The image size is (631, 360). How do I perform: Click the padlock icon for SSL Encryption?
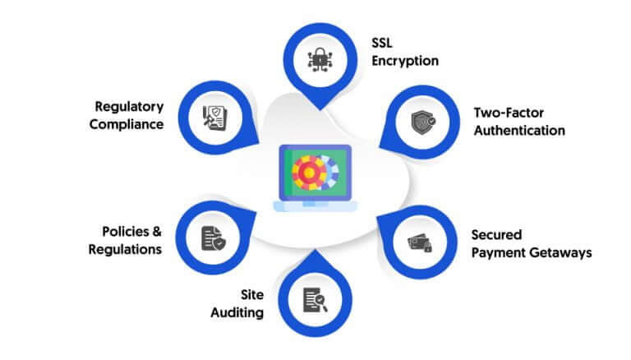coord(320,60)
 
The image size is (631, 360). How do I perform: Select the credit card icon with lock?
coord(420,242)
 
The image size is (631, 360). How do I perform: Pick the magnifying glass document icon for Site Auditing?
coord(315,300)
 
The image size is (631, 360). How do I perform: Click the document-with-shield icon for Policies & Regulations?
coord(214,238)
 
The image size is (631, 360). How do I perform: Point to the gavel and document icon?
coord(215,118)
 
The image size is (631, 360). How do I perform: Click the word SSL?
coord(382,43)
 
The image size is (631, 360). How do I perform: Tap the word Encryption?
coord(405,61)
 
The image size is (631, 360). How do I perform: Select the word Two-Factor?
coord(509,113)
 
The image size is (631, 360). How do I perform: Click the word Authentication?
coord(519,131)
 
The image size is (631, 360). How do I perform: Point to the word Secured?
coord(496,235)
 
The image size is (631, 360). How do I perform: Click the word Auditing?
coord(237,313)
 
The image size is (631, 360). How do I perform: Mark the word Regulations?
coord(125,250)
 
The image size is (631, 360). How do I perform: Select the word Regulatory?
coord(129,107)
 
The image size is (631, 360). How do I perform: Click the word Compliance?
coord(127,124)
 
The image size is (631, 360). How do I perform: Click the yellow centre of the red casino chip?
coord(309,173)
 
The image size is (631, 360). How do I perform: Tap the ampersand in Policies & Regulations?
coord(157,232)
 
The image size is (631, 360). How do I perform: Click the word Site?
coord(252,295)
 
